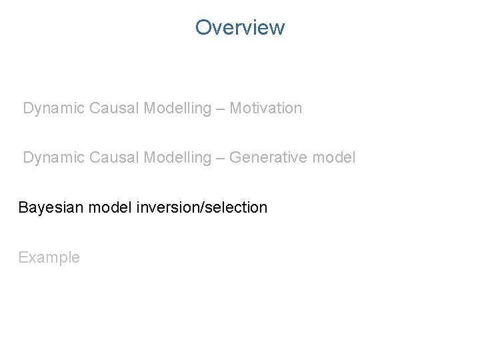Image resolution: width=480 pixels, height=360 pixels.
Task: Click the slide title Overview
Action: click(x=240, y=27)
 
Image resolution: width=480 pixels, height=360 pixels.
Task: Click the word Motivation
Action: click(x=265, y=108)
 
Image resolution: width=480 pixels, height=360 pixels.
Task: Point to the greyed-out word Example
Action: click(x=49, y=258)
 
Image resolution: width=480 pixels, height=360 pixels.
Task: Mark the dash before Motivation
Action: click(x=220, y=109)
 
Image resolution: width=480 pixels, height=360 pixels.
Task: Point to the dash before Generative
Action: click(x=220, y=159)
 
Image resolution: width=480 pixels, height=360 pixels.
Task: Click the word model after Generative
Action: click(x=335, y=158)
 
